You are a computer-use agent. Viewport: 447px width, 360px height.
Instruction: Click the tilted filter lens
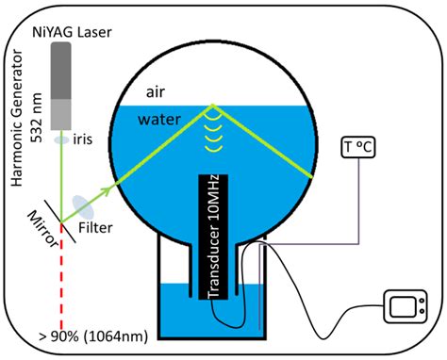(x=81, y=204)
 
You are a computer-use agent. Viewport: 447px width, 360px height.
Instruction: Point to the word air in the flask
(x=157, y=93)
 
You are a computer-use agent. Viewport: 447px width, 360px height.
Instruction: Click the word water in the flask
(x=160, y=120)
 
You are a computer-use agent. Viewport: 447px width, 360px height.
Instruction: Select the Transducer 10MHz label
(x=215, y=238)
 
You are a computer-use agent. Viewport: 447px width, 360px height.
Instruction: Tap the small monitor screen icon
(x=406, y=307)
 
